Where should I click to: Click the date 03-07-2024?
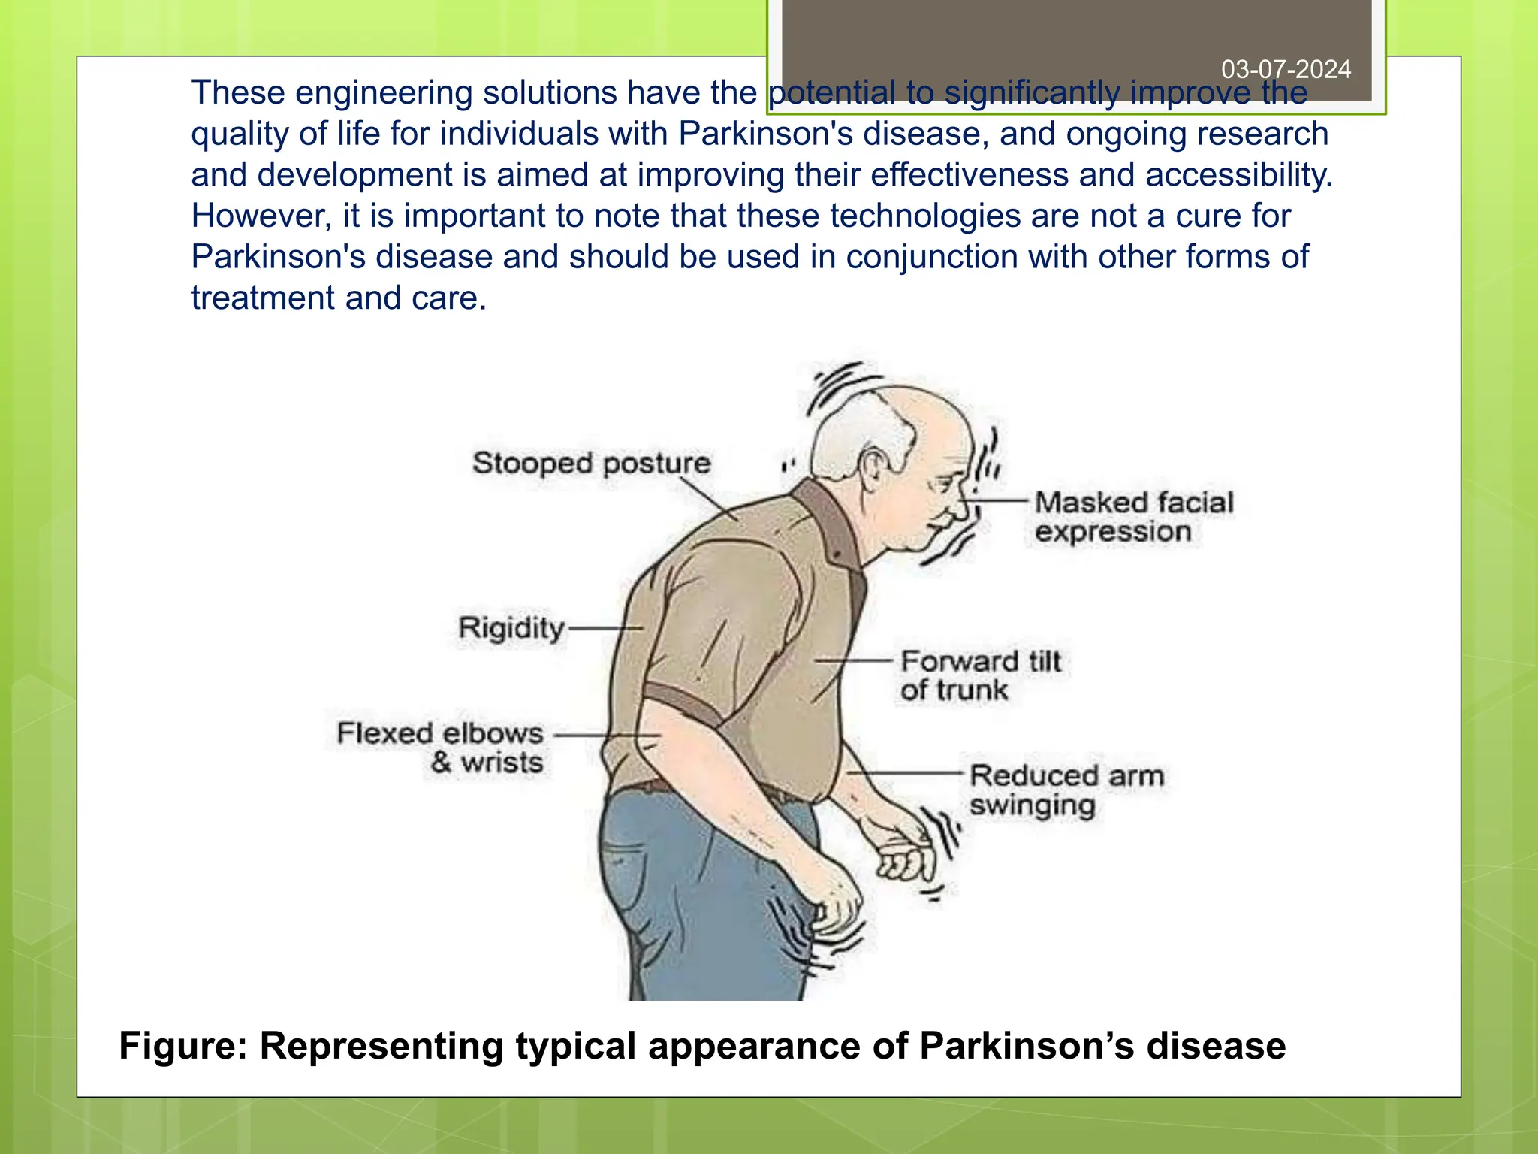1286,69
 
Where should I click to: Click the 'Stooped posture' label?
591,463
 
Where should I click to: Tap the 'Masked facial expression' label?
1133,517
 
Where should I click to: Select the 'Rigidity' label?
511,627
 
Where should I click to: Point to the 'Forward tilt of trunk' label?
980,675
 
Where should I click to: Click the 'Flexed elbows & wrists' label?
440,747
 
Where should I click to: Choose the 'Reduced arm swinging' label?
1066,790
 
